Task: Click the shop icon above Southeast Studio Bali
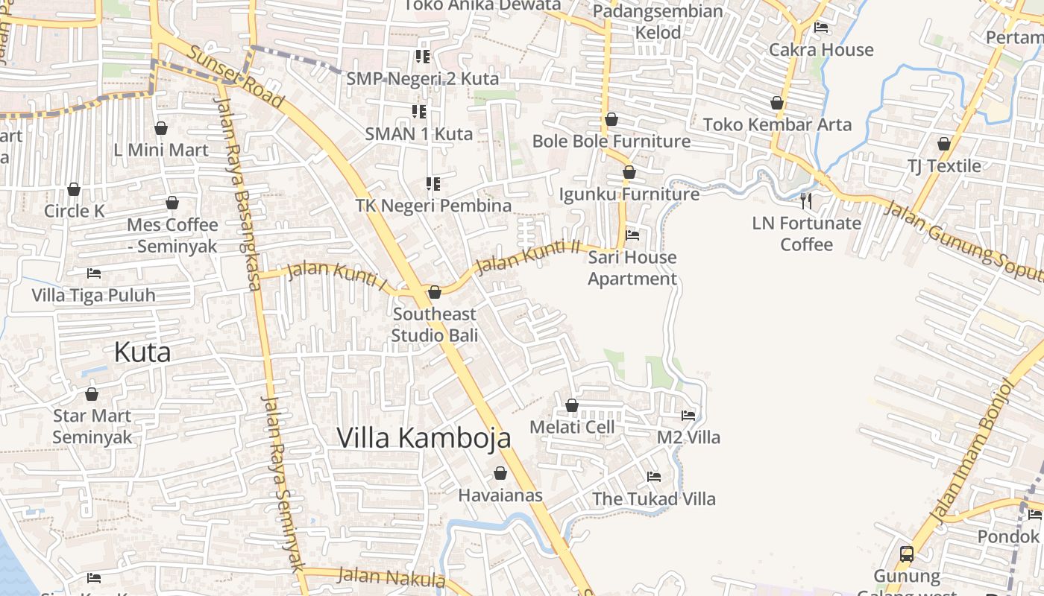tap(435, 291)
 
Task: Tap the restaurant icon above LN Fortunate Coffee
tap(806, 200)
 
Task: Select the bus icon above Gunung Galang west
tap(907, 554)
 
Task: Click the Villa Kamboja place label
tap(424, 437)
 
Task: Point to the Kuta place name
tap(142, 352)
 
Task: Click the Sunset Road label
tap(236, 77)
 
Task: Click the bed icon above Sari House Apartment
tap(632, 235)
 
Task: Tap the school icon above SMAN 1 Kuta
tap(419, 112)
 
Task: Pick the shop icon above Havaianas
tap(500, 473)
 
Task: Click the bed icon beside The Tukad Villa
tap(654, 477)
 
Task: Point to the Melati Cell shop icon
tap(572, 405)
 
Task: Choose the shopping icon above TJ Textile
tap(944, 144)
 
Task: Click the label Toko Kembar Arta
tap(777, 124)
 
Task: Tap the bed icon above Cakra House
tap(821, 28)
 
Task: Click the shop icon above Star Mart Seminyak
tap(92, 393)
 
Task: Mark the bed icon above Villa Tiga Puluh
tap(93, 273)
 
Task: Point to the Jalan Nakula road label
tap(391, 577)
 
